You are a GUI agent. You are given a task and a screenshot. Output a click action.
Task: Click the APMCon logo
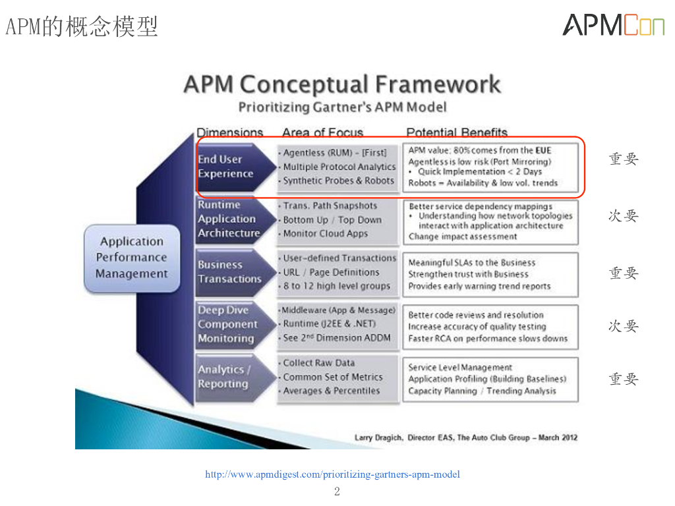tap(613, 25)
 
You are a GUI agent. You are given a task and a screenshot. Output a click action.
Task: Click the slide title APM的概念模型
tap(82, 27)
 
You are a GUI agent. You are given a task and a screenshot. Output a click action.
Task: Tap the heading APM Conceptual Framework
tap(342, 84)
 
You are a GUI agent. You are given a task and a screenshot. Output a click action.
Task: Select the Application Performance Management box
tap(131, 258)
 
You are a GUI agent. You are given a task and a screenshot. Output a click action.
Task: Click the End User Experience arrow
tap(231, 167)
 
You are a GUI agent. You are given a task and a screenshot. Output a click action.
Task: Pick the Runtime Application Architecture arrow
tap(231, 219)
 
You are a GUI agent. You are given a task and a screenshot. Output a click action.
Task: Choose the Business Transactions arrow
tap(231, 272)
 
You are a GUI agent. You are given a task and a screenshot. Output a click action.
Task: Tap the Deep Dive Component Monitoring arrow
tap(231, 324)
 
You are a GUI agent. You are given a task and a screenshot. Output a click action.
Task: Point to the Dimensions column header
tap(229, 132)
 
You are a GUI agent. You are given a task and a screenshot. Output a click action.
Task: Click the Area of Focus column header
tap(322, 132)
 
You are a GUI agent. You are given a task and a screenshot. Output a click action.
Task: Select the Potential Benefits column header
tap(457, 132)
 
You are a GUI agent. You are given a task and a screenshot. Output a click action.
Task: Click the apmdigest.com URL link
tap(332, 474)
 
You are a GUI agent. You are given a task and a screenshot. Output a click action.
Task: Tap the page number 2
tap(337, 492)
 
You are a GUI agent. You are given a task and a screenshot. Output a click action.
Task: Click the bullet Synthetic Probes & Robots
tap(338, 181)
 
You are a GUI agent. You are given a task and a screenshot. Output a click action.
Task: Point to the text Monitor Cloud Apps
tap(325, 233)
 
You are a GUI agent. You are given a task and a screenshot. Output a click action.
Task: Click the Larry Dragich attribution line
tap(466, 437)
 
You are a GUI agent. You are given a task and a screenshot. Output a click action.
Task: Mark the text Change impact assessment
tap(463, 237)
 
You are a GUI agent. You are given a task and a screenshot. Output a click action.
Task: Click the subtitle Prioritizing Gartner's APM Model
tap(342, 107)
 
